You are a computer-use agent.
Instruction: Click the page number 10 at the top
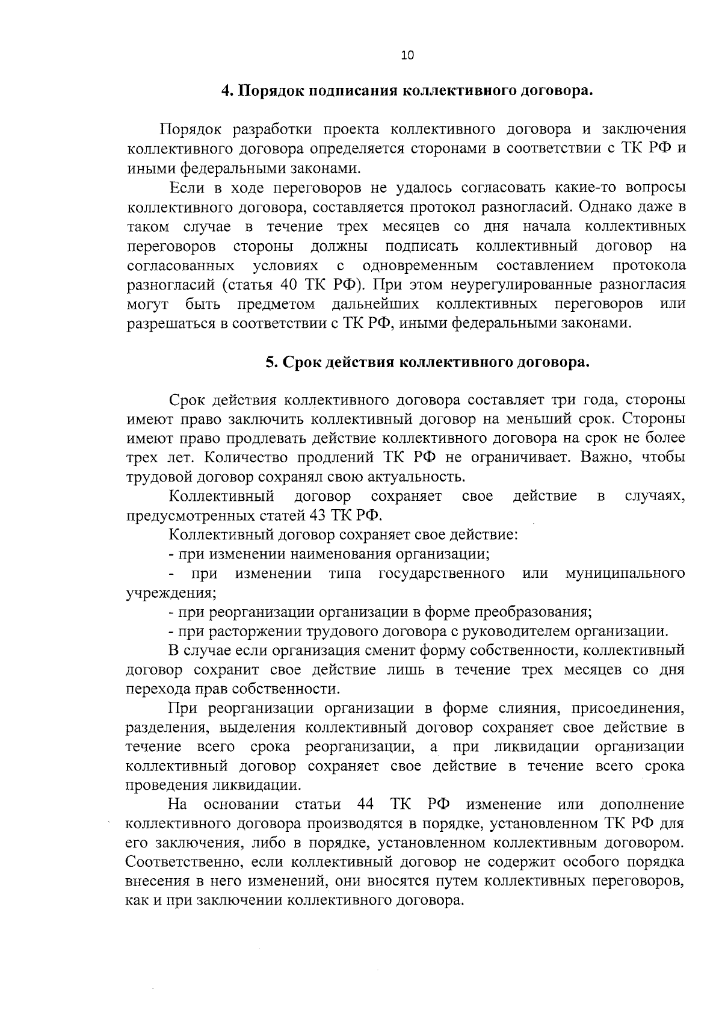407,55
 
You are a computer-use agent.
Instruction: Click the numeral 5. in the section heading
272,362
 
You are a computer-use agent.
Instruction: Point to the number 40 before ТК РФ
291,285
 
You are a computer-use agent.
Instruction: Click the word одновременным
421,265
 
